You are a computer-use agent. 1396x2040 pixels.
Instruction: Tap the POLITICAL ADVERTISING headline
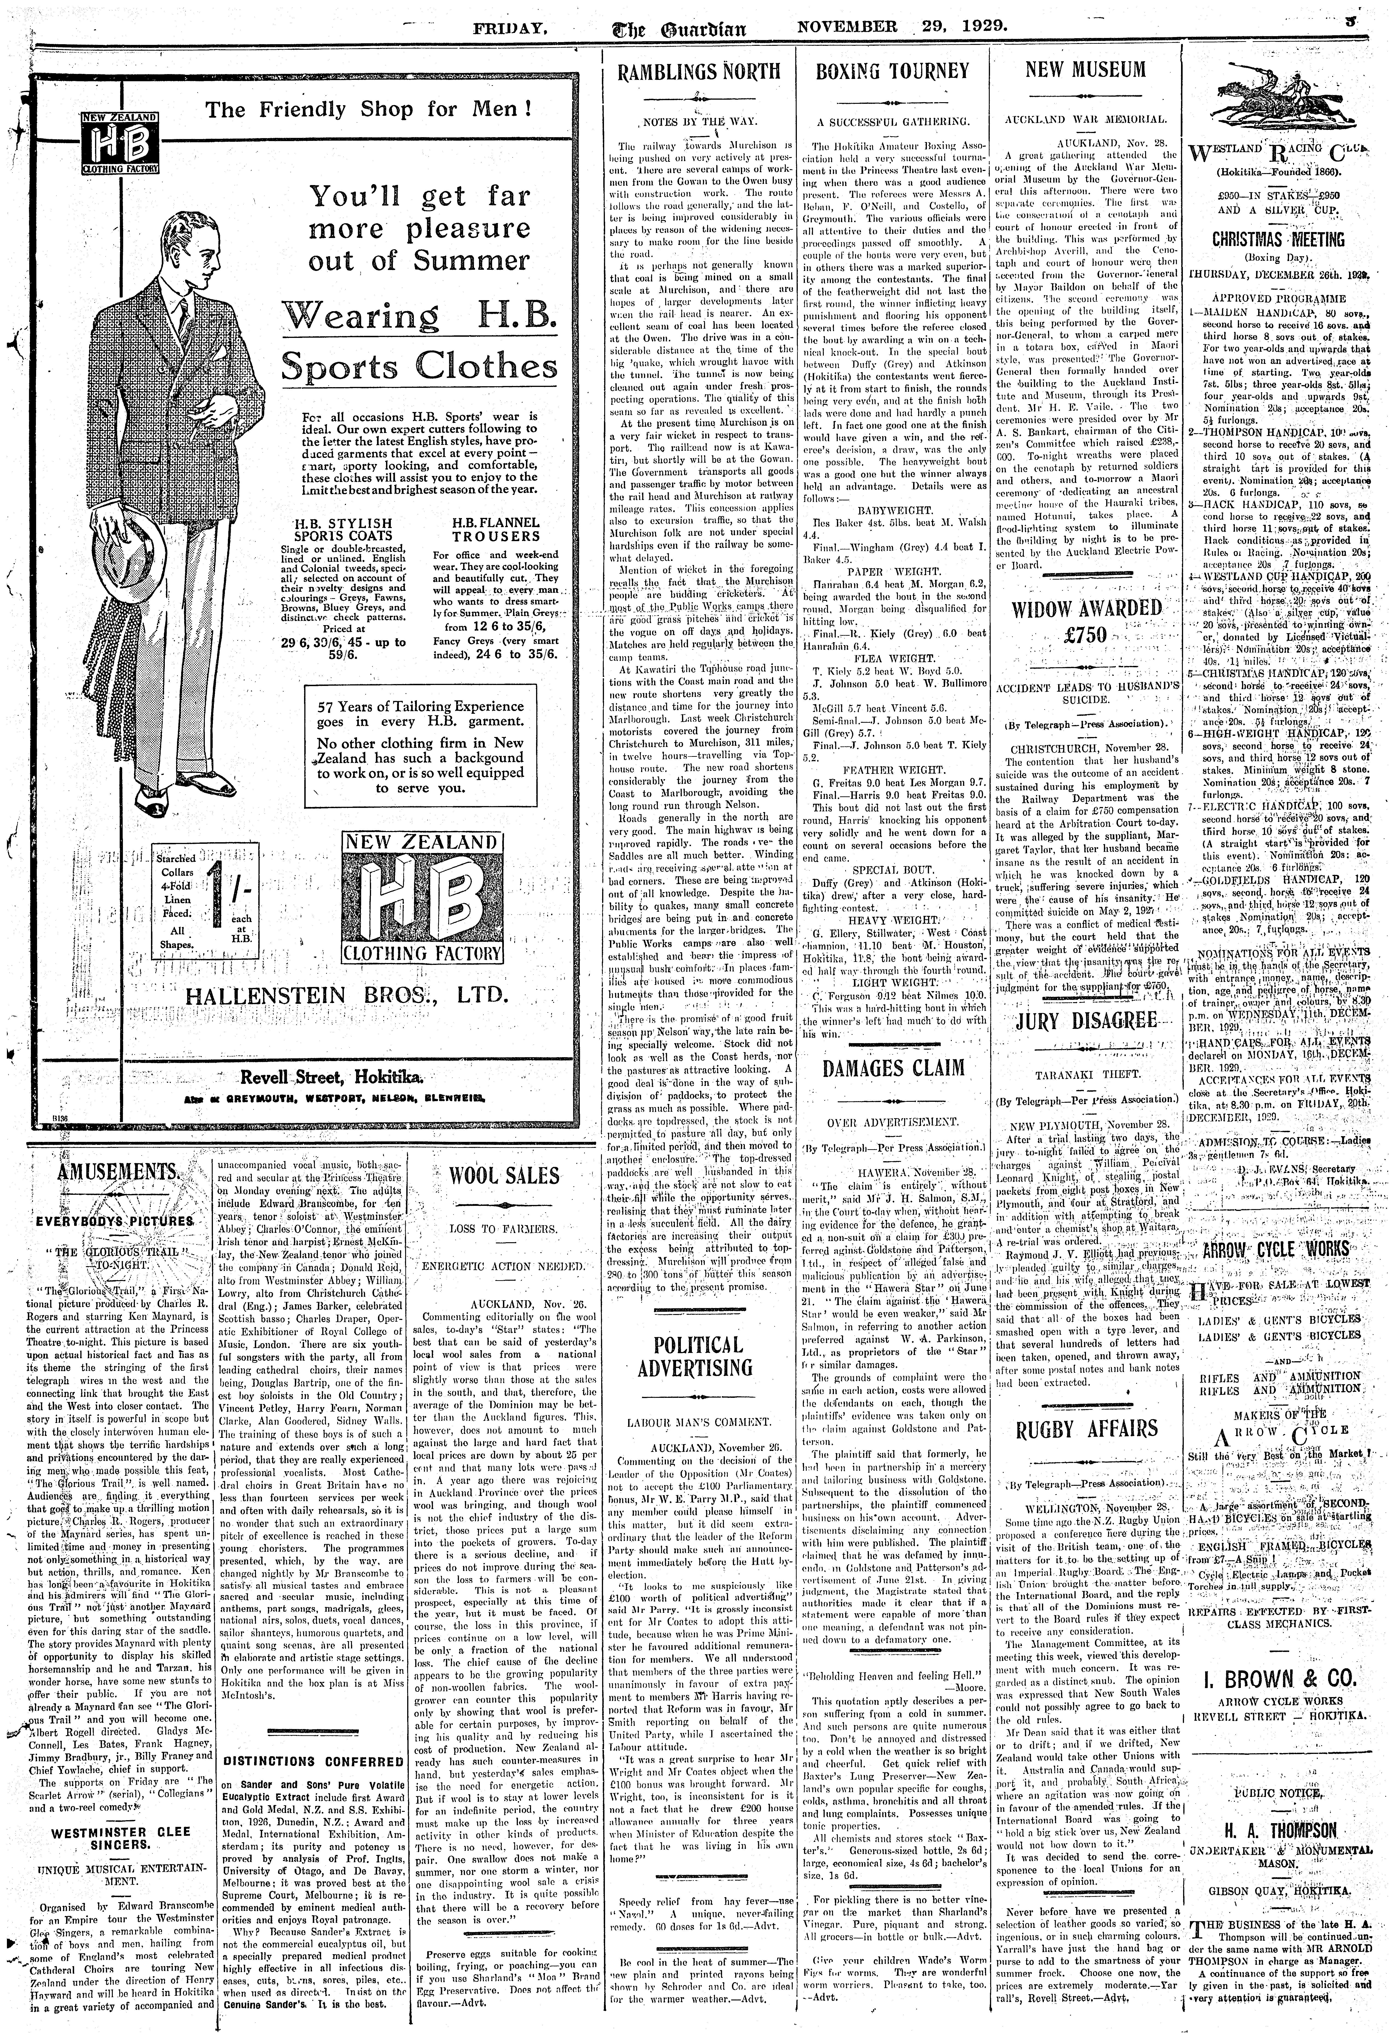coord(698,1356)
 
